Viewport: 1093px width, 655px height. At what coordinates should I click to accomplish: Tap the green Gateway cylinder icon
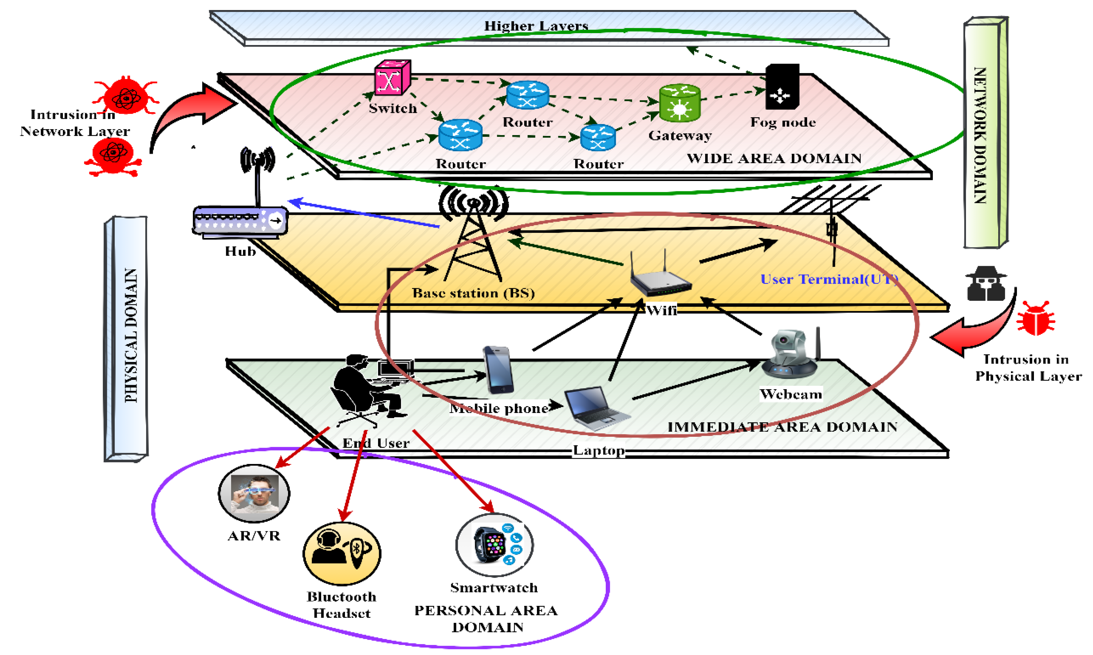[x=679, y=103]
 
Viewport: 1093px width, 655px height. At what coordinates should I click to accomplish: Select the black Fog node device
[x=782, y=87]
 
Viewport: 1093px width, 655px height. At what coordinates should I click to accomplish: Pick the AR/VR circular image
[x=254, y=493]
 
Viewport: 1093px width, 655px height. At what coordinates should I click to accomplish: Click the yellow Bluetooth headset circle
[x=342, y=553]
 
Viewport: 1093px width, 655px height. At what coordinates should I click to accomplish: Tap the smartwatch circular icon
[x=494, y=545]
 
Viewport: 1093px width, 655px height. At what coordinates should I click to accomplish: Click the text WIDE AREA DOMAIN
[x=774, y=159]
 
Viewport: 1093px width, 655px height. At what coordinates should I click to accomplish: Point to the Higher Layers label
[x=536, y=26]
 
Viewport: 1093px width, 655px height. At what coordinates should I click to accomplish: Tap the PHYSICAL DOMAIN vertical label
[x=131, y=335]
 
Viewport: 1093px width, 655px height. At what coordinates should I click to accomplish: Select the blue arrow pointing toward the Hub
[x=362, y=214]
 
